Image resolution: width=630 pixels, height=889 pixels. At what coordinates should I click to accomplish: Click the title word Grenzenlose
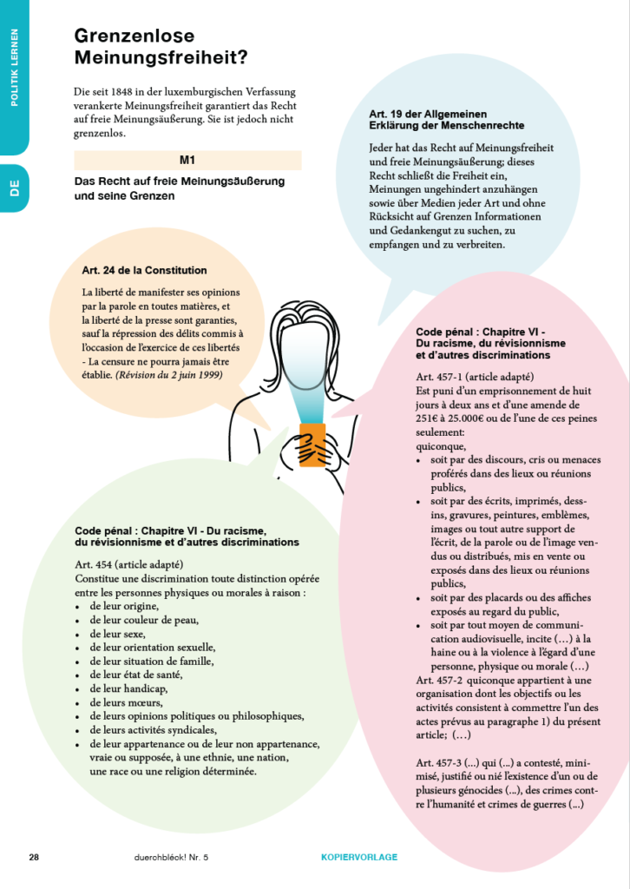[x=134, y=36]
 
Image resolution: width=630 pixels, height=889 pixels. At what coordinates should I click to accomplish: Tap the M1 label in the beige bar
[x=187, y=161]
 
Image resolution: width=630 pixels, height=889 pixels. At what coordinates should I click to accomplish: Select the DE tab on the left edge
[x=15, y=188]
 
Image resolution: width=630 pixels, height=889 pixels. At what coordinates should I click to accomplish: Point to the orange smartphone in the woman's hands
[x=312, y=444]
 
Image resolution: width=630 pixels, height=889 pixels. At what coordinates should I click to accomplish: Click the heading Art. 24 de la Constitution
[x=145, y=271]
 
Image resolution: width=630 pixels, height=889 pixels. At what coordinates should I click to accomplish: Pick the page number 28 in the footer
[x=34, y=857]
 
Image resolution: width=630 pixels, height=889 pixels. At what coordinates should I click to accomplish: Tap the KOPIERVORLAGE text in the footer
[x=353, y=857]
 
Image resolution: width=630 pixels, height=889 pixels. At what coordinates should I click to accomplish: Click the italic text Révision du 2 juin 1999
[x=170, y=374]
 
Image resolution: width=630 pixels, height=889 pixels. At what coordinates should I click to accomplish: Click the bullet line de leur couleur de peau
[x=143, y=620]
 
